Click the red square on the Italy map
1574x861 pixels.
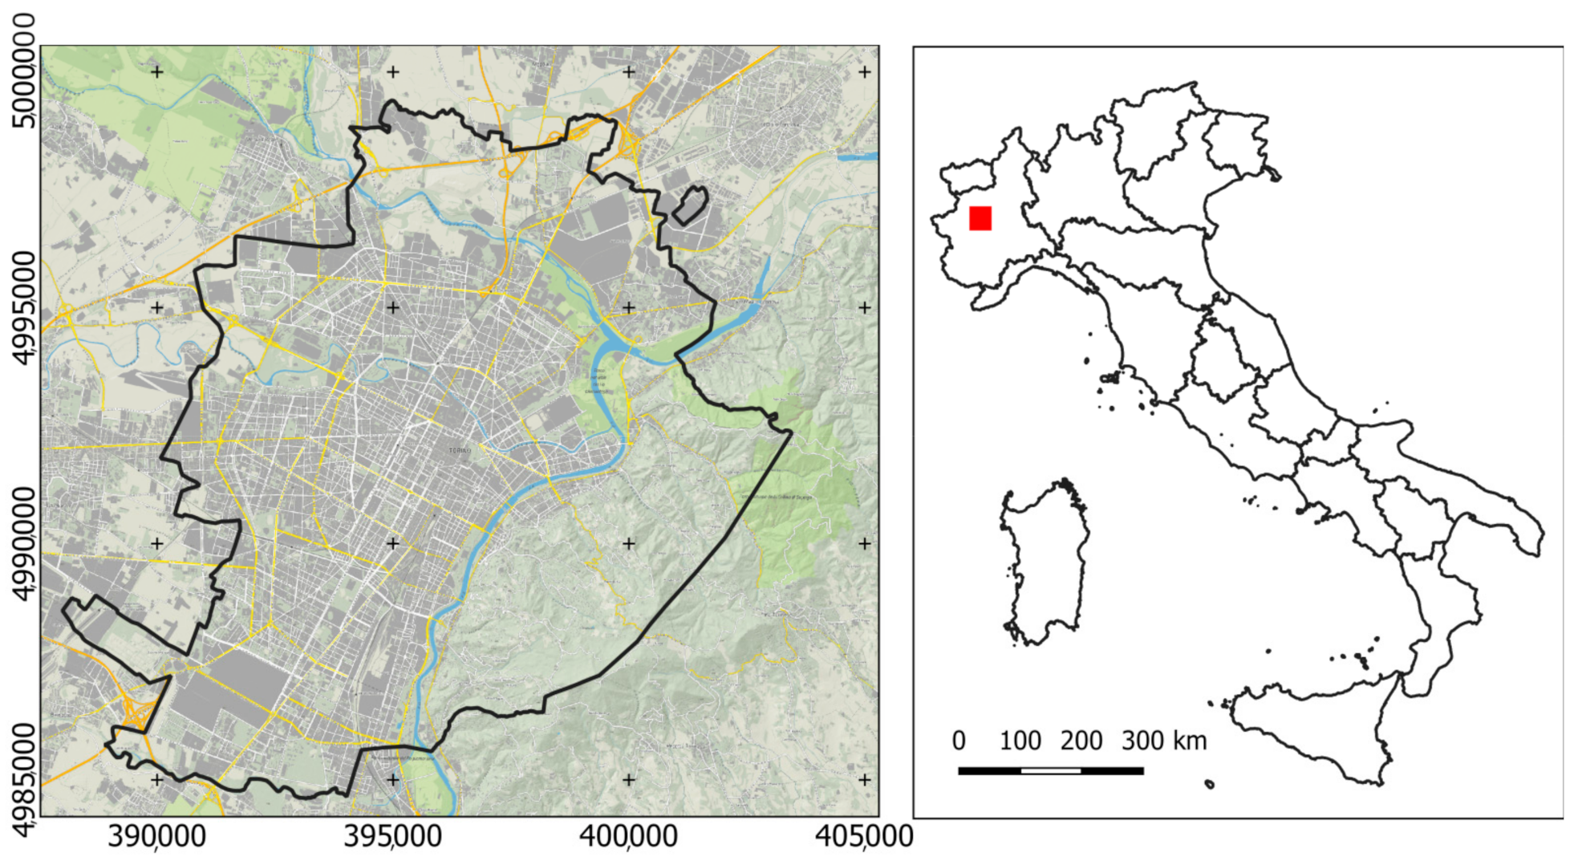click(x=980, y=218)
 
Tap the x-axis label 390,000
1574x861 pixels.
click(x=157, y=837)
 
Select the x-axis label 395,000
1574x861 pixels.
click(x=393, y=837)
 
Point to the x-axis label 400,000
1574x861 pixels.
click(x=629, y=837)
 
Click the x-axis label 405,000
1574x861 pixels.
click(x=864, y=837)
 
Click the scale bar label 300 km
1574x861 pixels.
click(x=1164, y=741)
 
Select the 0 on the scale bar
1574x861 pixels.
click(x=959, y=741)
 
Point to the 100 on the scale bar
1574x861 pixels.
click(x=1020, y=741)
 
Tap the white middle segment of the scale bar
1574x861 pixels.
click(x=1051, y=771)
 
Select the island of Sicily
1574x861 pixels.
click(x=1316, y=726)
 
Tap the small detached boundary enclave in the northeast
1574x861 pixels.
click(x=690, y=205)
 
